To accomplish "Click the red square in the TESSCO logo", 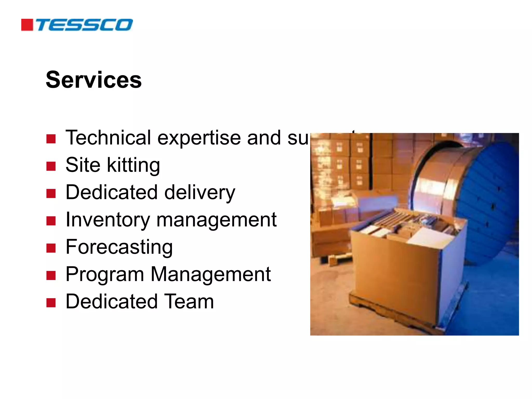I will (x=27, y=25).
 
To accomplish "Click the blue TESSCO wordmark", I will (x=84, y=25).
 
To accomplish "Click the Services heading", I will (x=94, y=80).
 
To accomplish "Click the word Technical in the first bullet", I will (x=108, y=138).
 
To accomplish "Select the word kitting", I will (x=133, y=165).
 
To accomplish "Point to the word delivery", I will (x=199, y=193).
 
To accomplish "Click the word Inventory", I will (x=108, y=220).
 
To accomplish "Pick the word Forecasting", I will (x=119, y=247).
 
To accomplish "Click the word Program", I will (x=105, y=275).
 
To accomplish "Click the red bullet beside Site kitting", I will (x=51, y=166).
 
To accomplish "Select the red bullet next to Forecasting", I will (x=51, y=248).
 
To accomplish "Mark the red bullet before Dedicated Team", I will (x=51, y=303).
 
